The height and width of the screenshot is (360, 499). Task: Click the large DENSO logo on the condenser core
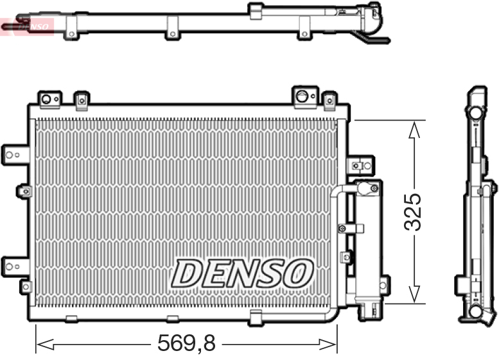coord(242,273)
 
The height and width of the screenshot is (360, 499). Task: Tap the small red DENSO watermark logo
coord(27,26)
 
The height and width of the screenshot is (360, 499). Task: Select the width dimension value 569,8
coord(186,345)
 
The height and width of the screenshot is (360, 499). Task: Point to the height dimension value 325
coord(412,212)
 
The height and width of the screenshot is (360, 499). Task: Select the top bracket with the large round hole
coord(303,96)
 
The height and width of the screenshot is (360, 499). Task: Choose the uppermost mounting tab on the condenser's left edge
coord(16,153)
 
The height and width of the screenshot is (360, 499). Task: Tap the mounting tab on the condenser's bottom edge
coord(255,317)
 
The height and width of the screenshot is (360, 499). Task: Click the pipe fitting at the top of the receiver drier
coord(367,188)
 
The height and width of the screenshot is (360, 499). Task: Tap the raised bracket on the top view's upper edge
coord(255,9)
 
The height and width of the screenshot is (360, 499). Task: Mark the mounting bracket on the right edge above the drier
coord(360,165)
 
